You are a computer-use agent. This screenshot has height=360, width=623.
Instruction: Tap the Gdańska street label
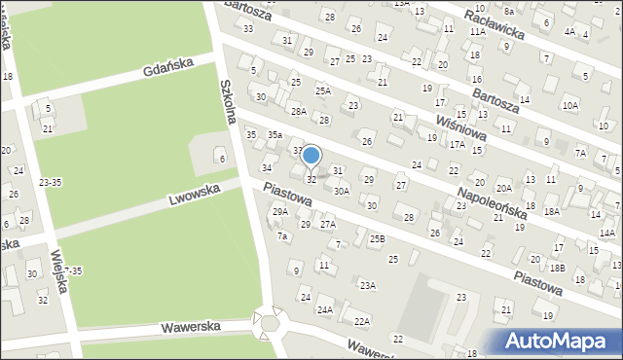[167, 67]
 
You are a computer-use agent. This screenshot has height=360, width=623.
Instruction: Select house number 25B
[377, 238]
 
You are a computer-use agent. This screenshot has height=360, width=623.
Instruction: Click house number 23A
[367, 285]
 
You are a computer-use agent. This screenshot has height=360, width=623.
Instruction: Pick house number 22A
[362, 321]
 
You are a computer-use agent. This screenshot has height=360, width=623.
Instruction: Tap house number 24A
[324, 310]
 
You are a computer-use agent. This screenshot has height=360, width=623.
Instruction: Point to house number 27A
[328, 225]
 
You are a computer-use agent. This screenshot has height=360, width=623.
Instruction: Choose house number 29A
[279, 211]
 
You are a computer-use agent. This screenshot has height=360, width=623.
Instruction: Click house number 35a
[275, 134]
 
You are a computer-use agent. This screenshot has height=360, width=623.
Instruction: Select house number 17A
[458, 144]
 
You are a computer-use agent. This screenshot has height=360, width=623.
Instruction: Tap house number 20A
[503, 189]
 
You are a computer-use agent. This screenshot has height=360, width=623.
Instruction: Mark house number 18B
[557, 268]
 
